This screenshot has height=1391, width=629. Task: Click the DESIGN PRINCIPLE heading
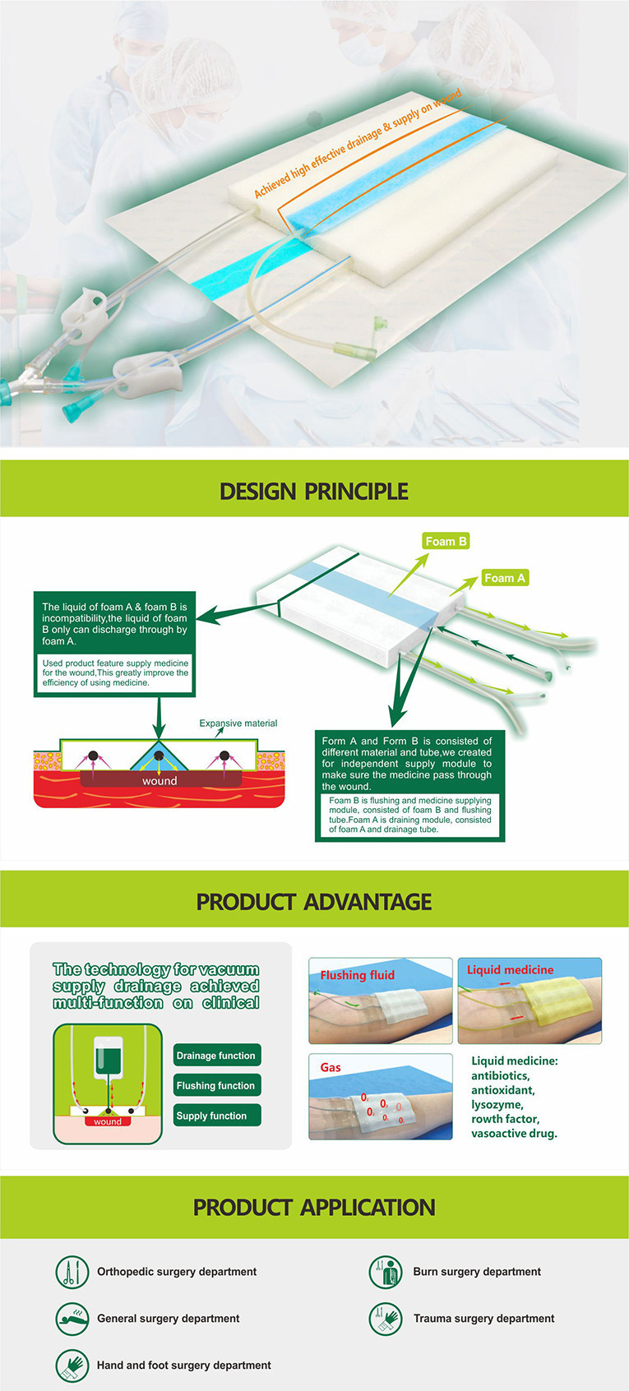[x=313, y=491]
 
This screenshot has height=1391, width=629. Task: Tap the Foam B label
[x=445, y=542]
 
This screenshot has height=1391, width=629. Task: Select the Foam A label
[x=504, y=578]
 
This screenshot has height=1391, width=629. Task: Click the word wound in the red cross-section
[x=160, y=780]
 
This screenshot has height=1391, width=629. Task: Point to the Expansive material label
[x=238, y=723]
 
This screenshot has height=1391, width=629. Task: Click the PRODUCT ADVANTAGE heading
[x=313, y=902]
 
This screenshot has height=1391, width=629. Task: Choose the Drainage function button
[x=217, y=1055]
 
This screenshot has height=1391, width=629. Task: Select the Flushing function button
[x=217, y=1085]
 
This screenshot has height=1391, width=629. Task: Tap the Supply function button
[x=217, y=1116]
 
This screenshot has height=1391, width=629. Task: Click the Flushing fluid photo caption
[x=357, y=975]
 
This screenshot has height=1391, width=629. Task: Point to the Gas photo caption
[x=331, y=1067]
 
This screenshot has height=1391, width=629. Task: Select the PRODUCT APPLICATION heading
[x=313, y=1207]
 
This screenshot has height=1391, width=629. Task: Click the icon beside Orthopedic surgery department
[x=72, y=1272]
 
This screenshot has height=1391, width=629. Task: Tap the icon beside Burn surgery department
[x=386, y=1272]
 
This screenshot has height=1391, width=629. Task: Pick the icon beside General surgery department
[x=72, y=1319]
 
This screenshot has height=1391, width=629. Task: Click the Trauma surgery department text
[x=483, y=1319]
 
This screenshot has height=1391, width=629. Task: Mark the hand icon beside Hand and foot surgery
[x=72, y=1365]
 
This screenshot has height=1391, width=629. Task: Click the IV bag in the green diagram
[x=108, y=1057]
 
